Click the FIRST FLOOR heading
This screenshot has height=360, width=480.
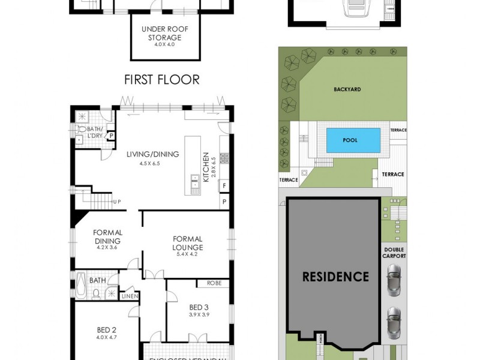[161, 79]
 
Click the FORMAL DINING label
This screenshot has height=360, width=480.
[108, 237]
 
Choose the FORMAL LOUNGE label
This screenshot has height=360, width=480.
[188, 243]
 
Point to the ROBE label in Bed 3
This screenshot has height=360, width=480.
[214, 283]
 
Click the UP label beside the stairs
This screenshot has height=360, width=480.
[116, 202]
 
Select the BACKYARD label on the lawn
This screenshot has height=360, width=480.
[347, 89]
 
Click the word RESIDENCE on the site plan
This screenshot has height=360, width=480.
[335, 277]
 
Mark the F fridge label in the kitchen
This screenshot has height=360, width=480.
[224, 185]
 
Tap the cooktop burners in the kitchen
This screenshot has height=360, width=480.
[224, 158]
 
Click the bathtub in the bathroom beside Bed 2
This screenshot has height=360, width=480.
[82, 285]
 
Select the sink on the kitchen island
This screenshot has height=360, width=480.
[195, 181]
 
